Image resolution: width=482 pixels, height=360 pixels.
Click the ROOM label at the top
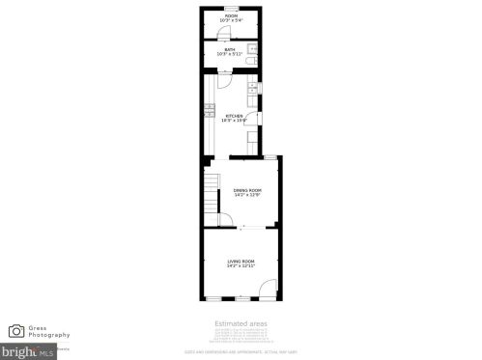[x=231, y=15]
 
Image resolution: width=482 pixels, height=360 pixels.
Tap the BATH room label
[x=230, y=49]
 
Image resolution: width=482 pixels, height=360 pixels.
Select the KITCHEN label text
[x=234, y=116]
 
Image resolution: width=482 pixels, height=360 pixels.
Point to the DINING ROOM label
[x=247, y=190]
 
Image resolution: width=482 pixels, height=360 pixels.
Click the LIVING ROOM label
[x=241, y=262]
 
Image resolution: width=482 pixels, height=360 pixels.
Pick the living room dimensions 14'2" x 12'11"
[x=241, y=266]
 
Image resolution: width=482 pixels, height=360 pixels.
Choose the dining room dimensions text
[x=247, y=195]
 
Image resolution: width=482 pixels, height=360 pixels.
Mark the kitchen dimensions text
[x=234, y=121]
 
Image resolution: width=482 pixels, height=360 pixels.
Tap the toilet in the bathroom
[x=251, y=61]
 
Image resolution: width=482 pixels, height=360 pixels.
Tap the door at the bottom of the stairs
[x=224, y=220]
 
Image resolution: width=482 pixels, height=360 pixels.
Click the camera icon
[x=16, y=331]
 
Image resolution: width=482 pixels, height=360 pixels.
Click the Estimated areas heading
[x=241, y=323]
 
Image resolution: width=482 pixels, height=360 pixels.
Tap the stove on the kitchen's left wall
[x=207, y=111]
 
